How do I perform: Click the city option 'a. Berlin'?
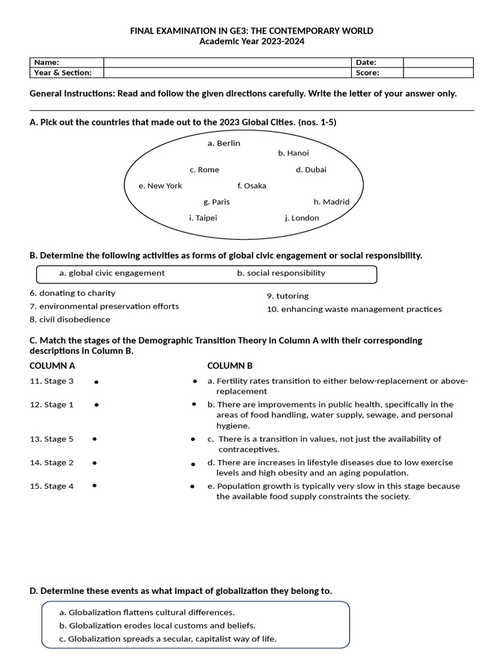(x=223, y=143)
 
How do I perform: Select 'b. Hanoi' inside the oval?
(x=293, y=153)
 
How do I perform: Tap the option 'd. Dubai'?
(x=310, y=169)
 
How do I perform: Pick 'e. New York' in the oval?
(x=160, y=186)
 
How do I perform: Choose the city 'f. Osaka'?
(x=251, y=186)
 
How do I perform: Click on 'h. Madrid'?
(x=331, y=202)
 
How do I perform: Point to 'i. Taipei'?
(x=203, y=218)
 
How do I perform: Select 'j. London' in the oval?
(x=302, y=218)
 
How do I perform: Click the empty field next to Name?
(x=228, y=62)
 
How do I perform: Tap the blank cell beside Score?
(x=438, y=73)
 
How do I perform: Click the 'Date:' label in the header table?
(x=366, y=62)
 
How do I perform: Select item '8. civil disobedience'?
(x=70, y=320)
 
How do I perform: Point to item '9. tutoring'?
(x=287, y=296)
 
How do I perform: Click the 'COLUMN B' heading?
(x=230, y=366)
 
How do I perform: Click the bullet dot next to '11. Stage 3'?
(x=96, y=381)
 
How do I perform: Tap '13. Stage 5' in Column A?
(x=52, y=439)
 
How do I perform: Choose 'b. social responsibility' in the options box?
(x=281, y=273)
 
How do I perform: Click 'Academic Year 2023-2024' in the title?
(x=251, y=41)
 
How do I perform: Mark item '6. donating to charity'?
(x=72, y=293)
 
